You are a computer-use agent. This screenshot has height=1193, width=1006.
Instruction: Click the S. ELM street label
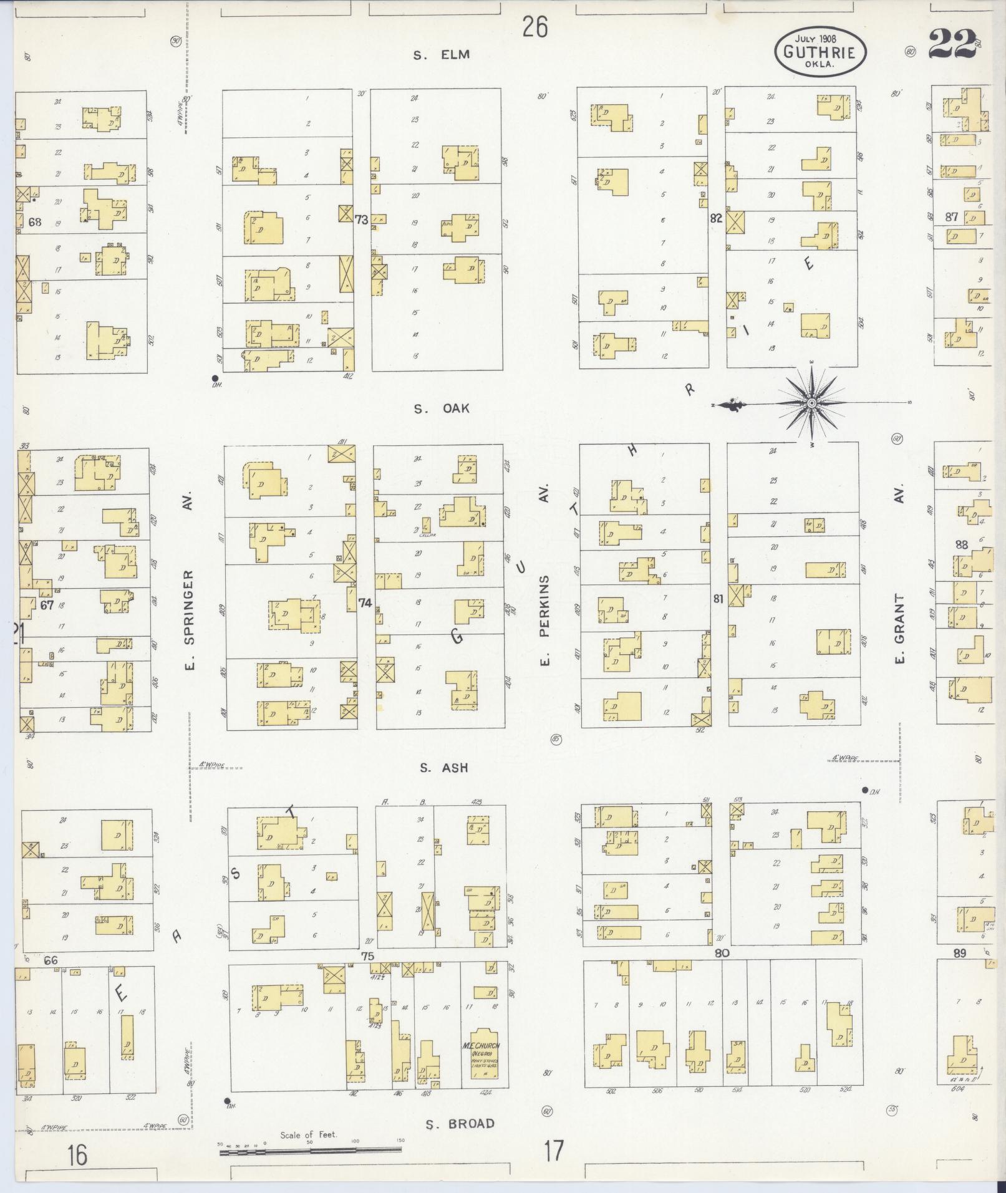coord(441,55)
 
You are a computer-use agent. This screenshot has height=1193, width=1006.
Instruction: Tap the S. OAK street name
coord(441,409)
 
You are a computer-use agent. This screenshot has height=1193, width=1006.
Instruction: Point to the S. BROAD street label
coord(460,1124)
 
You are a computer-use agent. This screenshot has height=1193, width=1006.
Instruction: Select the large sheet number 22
coord(952,45)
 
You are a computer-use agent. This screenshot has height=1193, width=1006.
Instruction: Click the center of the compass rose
coord(812,404)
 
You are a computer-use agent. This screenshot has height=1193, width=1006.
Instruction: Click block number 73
coord(361,220)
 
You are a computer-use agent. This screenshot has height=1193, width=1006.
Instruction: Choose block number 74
coord(365,603)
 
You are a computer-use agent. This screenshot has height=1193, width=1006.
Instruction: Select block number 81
coord(718,599)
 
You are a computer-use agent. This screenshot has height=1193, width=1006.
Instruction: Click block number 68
coord(34,221)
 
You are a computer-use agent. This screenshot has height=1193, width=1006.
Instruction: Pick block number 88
coord(961,545)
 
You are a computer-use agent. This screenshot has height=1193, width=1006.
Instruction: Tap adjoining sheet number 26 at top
coord(535,27)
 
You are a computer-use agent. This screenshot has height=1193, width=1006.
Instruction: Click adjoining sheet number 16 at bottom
coord(77,1155)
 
